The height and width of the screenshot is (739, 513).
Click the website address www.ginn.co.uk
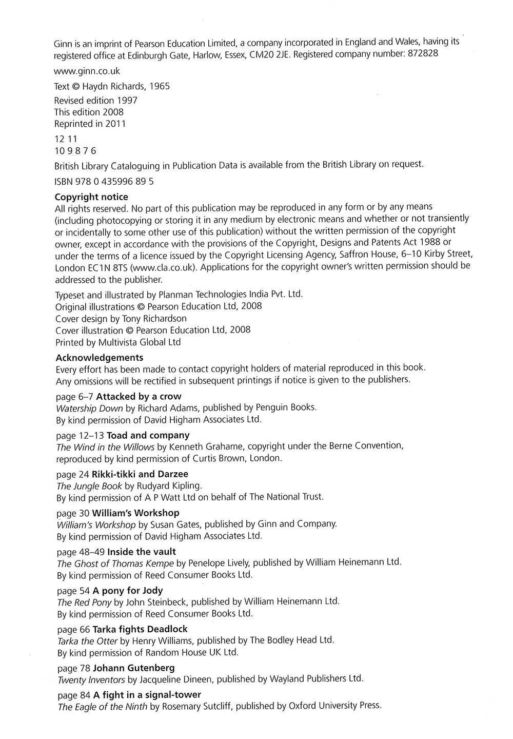(87, 71)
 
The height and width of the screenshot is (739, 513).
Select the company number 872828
(422, 54)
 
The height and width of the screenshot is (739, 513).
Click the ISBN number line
(104, 181)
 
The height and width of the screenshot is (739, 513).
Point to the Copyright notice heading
(91, 197)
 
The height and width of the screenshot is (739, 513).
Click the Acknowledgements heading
(99, 357)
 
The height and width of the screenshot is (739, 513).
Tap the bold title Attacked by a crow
(139, 396)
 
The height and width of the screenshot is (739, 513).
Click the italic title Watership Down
(89, 408)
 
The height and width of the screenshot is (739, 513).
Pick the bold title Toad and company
(141, 435)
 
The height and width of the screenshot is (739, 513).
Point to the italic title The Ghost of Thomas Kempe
(115, 563)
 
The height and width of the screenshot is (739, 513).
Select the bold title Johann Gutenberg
(134, 668)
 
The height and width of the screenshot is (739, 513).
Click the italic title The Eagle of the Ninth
(102, 707)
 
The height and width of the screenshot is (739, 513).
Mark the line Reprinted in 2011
(90, 124)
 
